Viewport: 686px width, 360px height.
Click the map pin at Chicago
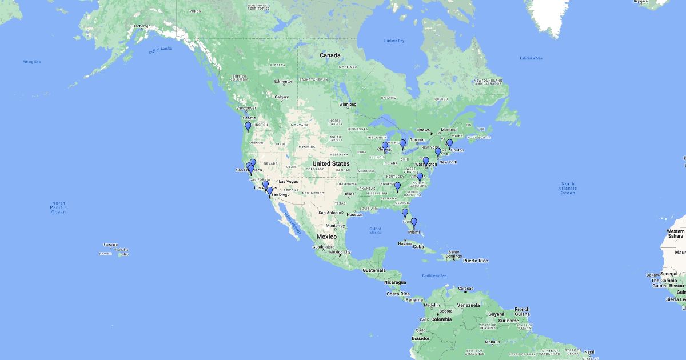click(385, 147)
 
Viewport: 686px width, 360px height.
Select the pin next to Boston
click(449, 143)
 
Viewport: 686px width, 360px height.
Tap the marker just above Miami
click(414, 223)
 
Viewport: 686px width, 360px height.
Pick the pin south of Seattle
click(248, 126)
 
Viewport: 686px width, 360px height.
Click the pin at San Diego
click(270, 191)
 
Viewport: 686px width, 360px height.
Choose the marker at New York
click(438, 153)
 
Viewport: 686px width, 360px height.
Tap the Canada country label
click(330, 55)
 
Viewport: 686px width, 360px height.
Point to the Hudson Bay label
click(394, 41)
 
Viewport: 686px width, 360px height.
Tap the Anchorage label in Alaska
click(141, 26)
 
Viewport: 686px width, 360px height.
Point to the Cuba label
click(419, 246)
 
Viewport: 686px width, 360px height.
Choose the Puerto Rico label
click(476, 261)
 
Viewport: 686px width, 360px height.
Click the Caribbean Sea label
click(435, 275)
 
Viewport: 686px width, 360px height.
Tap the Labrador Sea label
click(531, 58)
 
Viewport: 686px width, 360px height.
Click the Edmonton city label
click(284, 81)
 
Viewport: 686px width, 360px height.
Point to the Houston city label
click(354, 214)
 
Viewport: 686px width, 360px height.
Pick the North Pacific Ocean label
click(58, 207)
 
